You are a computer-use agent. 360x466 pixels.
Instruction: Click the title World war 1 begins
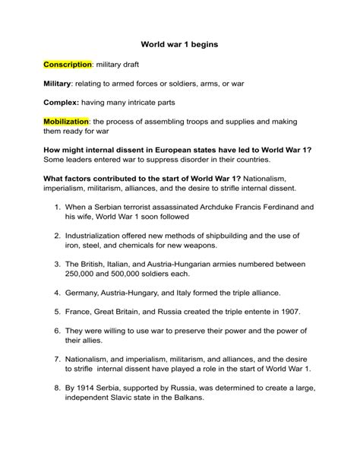click(179, 45)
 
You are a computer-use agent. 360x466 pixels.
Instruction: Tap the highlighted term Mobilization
click(67, 121)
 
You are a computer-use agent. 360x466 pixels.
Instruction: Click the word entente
click(248, 312)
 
